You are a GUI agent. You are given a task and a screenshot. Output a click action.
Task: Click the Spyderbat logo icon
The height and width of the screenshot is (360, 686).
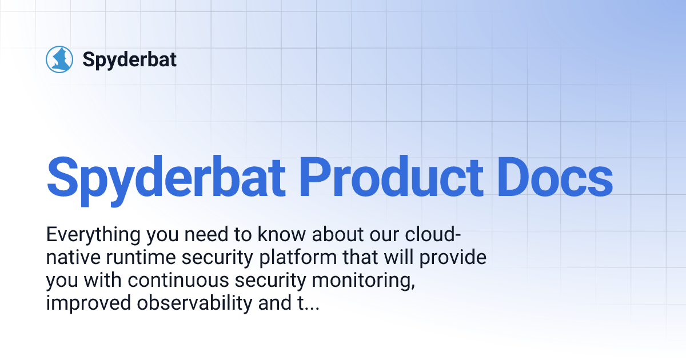pyautogui.click(x=59, y=59)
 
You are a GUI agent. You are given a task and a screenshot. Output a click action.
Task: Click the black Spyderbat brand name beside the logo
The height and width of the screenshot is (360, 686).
pyautogui.click(x=130, y=59)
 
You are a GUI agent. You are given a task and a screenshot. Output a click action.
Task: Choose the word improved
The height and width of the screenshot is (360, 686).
pyautogui.click(x=88, y=304)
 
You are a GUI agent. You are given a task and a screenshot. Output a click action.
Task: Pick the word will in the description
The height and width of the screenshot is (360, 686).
pyautogui.click(x=404, y=258)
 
